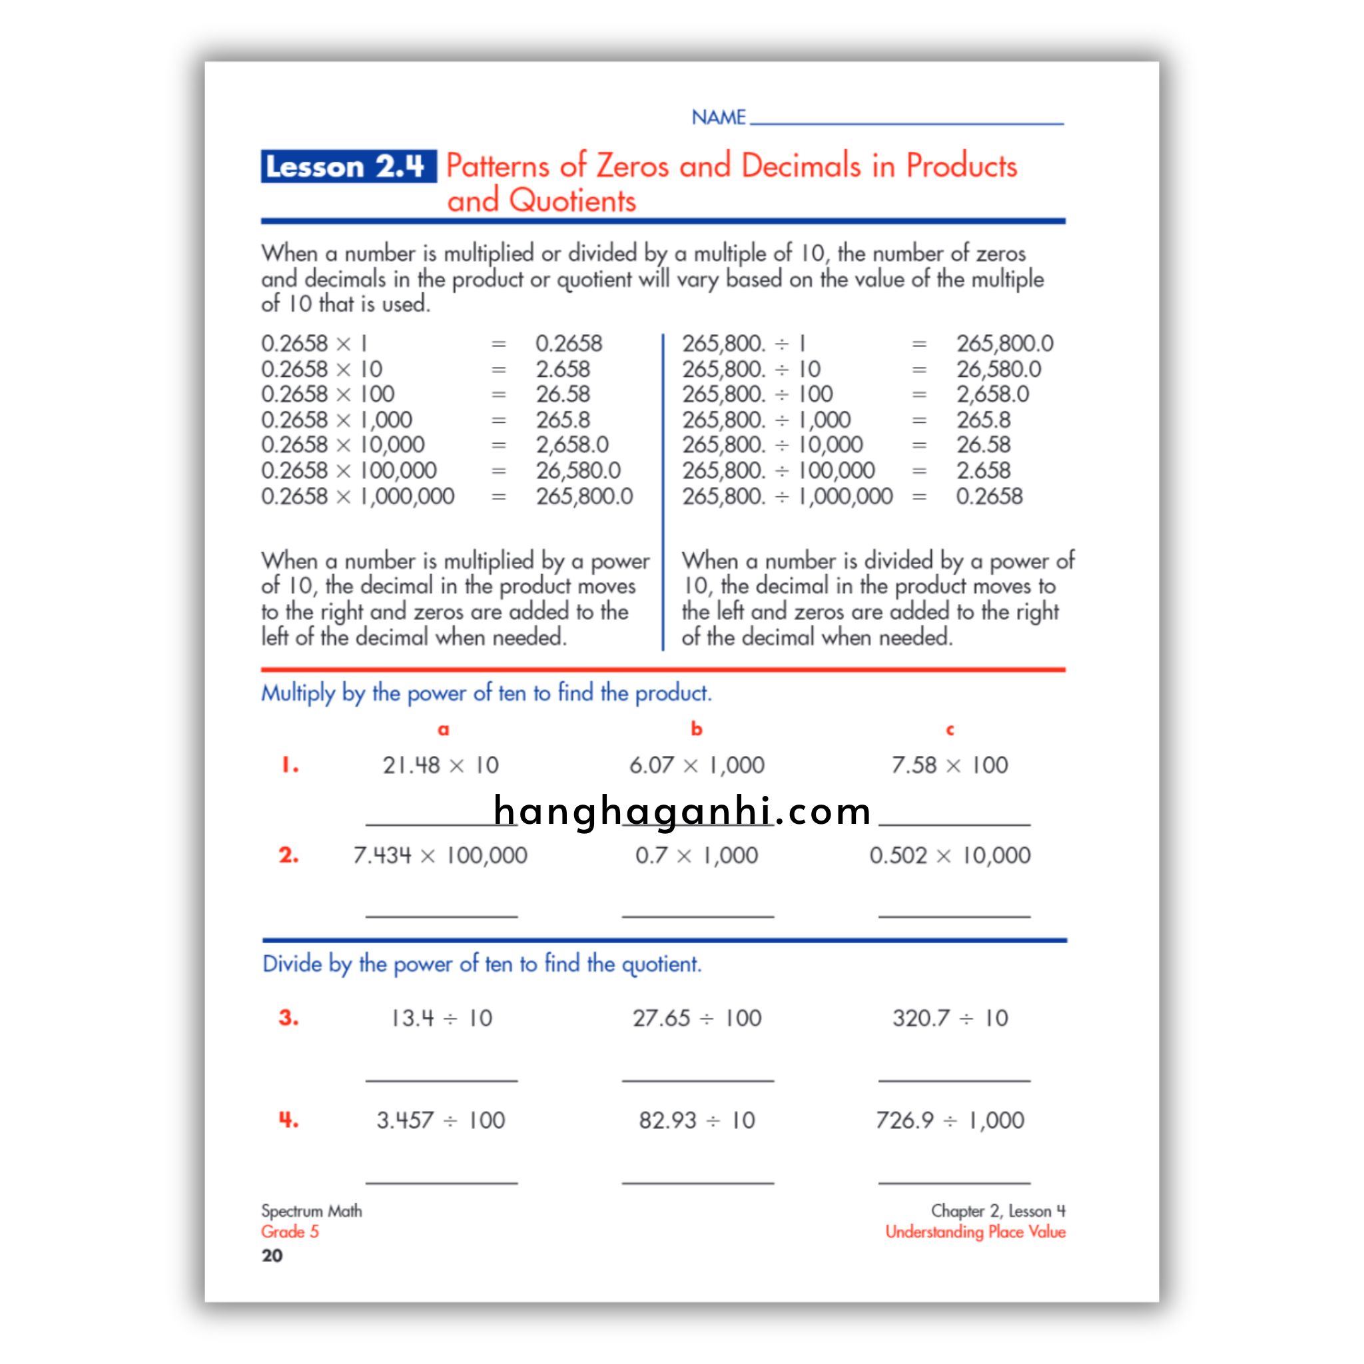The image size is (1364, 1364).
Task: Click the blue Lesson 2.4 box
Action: pyautogui.click(x=348, y=167)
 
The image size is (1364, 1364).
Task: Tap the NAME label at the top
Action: pyautogui.click(x=718, y=117)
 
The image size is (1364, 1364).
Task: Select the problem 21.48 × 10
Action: pyautogui.click(x=440, y=765)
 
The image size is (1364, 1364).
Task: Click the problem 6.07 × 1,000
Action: pyautogui.click(x=697, y=765)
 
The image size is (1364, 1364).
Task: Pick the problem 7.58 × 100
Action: pyautogui.click(x=950, y=765)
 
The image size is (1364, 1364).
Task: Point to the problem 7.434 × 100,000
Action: pyautogui.click(x=440, y=855)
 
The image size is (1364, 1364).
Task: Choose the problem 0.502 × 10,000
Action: pyautogui.click(x=950, y=855)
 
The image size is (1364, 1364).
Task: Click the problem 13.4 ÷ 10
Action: pyautogui.click(x=442, y=1018)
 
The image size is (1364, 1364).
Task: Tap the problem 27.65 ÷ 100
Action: pyautogui.click(x=697, y=1018)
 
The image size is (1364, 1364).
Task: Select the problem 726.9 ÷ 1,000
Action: pyautogui.click(x=950, y=1120)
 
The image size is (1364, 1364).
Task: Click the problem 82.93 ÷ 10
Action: pyautogui.click(x=697, y=1120)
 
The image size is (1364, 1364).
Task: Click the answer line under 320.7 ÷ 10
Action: pyautogui.click(x=954, y=1080)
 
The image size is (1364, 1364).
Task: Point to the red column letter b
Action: pyautogui.click(x=696, y=729)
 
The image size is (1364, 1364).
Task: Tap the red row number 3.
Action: pyautogui.click(x=288, y=1018)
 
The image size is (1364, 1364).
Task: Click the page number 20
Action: pyautogui.click(x=272, y=1255)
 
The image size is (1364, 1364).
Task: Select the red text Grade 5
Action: pyautogui.click(x=290, y=1232)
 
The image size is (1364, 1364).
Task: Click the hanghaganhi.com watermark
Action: pyautogui.click(x=682, y=811)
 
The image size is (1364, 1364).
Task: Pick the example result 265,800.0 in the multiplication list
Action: pyautogui.click(x=584, y=496)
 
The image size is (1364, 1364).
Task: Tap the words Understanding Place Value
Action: pyautogui.click(x=975, y=1232)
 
